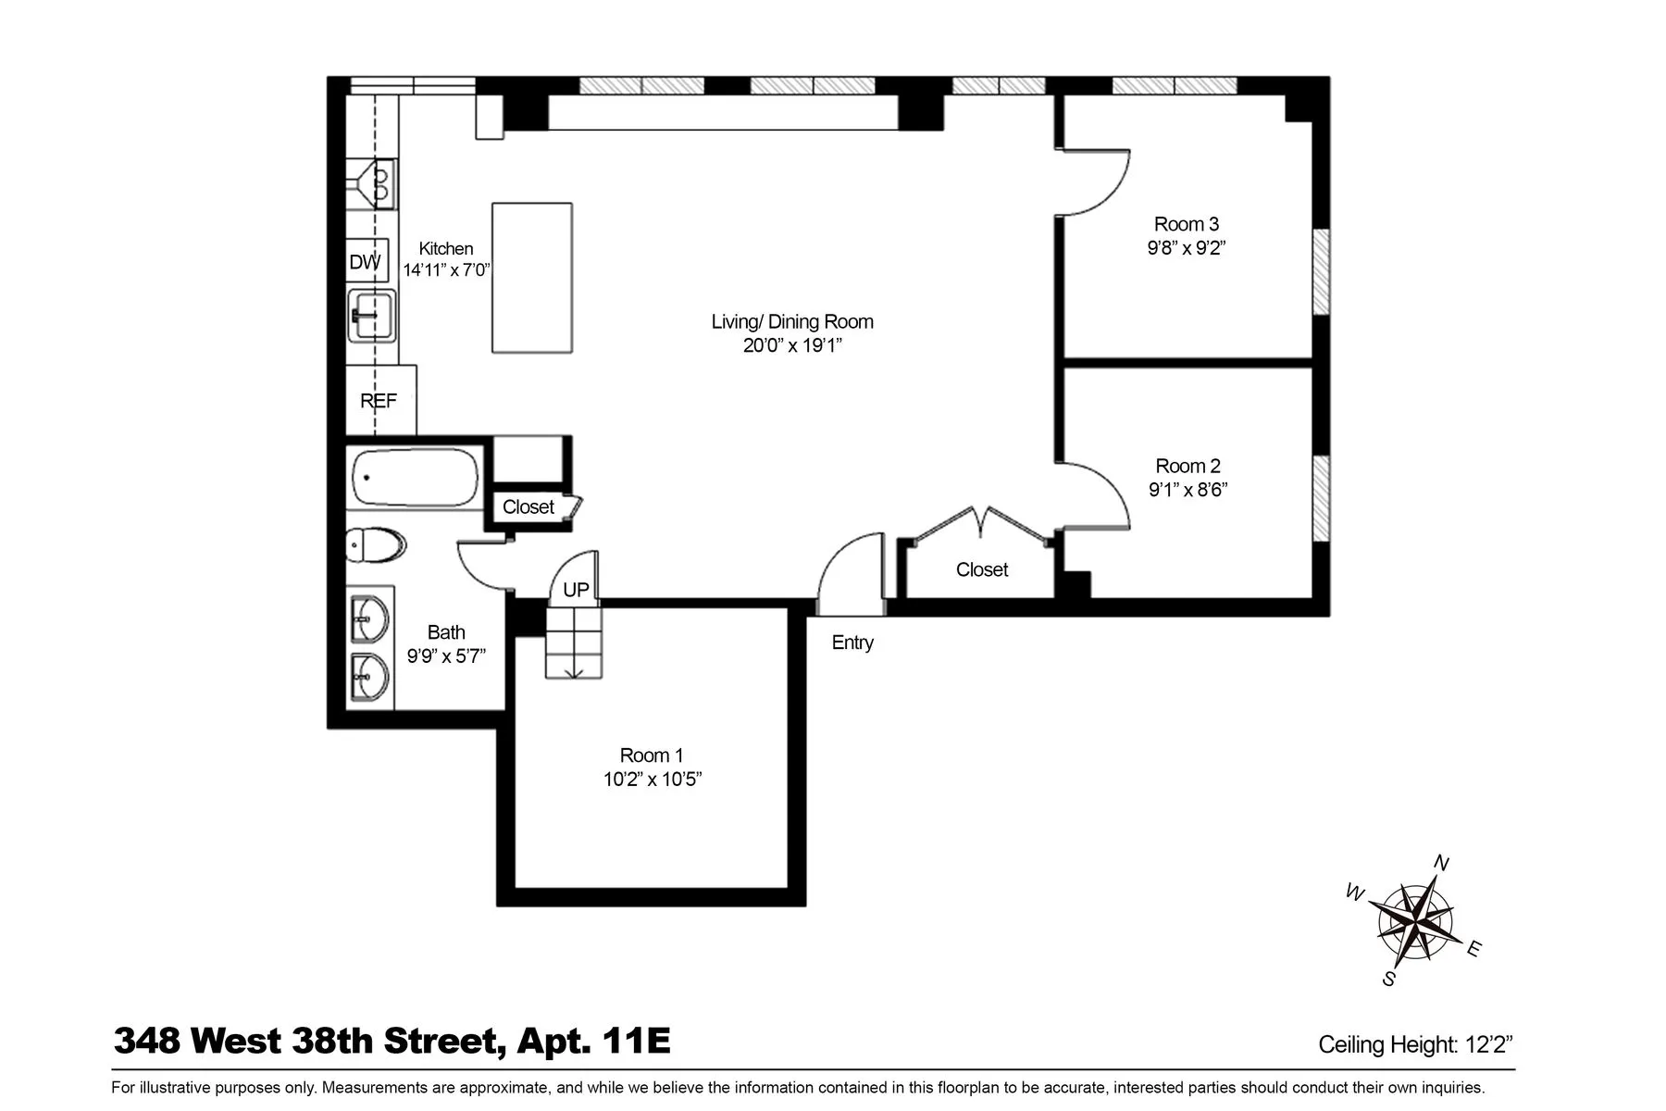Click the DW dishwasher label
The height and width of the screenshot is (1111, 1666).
click(x=365, y=262)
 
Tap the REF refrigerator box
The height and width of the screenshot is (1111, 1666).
click(x=379, y=401)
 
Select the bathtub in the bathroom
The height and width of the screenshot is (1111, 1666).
click(x=415, y=478)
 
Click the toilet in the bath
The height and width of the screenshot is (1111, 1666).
click(x=376, y=545)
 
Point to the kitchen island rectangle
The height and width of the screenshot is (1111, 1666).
click(x=531, y=278)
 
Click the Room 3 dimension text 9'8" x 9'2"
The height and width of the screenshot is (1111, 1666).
click(x=1186, y=248)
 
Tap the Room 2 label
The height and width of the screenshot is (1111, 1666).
click(x=1187, y=466)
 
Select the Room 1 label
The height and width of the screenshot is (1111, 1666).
click(x=652, y=755)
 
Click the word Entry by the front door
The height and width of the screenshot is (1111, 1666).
click(x=852, y=643)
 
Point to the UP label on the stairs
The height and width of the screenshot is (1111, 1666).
click(x=576, y=590)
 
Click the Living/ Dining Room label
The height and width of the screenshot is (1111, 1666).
click(x=792, y=321)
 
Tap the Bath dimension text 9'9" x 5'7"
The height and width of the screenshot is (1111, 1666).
click(x=446, y=656)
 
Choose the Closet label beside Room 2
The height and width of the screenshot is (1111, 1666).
click(x=982, y=569)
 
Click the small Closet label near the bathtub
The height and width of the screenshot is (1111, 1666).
click(x=528, y=506)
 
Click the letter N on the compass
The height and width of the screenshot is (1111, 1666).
click(x=1441, y=864)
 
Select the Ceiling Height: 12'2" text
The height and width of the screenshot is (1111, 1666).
click(x=1415, y=1045)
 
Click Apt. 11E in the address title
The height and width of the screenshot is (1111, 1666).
click(x=593, y=1041)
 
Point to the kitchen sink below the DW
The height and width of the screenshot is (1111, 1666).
click(x=372, y=316)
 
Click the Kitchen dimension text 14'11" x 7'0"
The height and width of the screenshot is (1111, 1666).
click(x=446, y=270)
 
